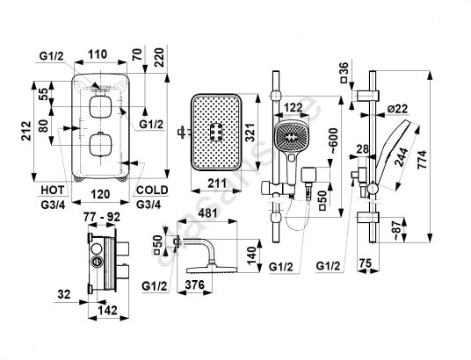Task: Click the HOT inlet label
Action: (53, 190)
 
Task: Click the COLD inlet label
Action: (152, 190)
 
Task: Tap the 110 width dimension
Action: (98, 54)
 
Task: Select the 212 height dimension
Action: (27, 131)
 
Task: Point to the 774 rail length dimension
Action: (423, 160)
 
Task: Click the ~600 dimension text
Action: (333, 141)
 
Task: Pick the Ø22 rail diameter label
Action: (398, 108)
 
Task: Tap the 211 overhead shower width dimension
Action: (217, 183)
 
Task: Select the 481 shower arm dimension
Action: (207, 213)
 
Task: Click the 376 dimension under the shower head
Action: (195, 284)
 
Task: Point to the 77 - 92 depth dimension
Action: (102, 217)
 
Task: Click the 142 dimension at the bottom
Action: (108, 310)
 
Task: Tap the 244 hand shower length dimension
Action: (402, 157)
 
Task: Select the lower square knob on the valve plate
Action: (101, 145)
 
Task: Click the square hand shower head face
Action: (291, 136)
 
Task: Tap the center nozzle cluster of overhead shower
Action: (216, 132)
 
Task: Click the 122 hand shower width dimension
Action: (293, 107)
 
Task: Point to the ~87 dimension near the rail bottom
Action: (396, 230)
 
